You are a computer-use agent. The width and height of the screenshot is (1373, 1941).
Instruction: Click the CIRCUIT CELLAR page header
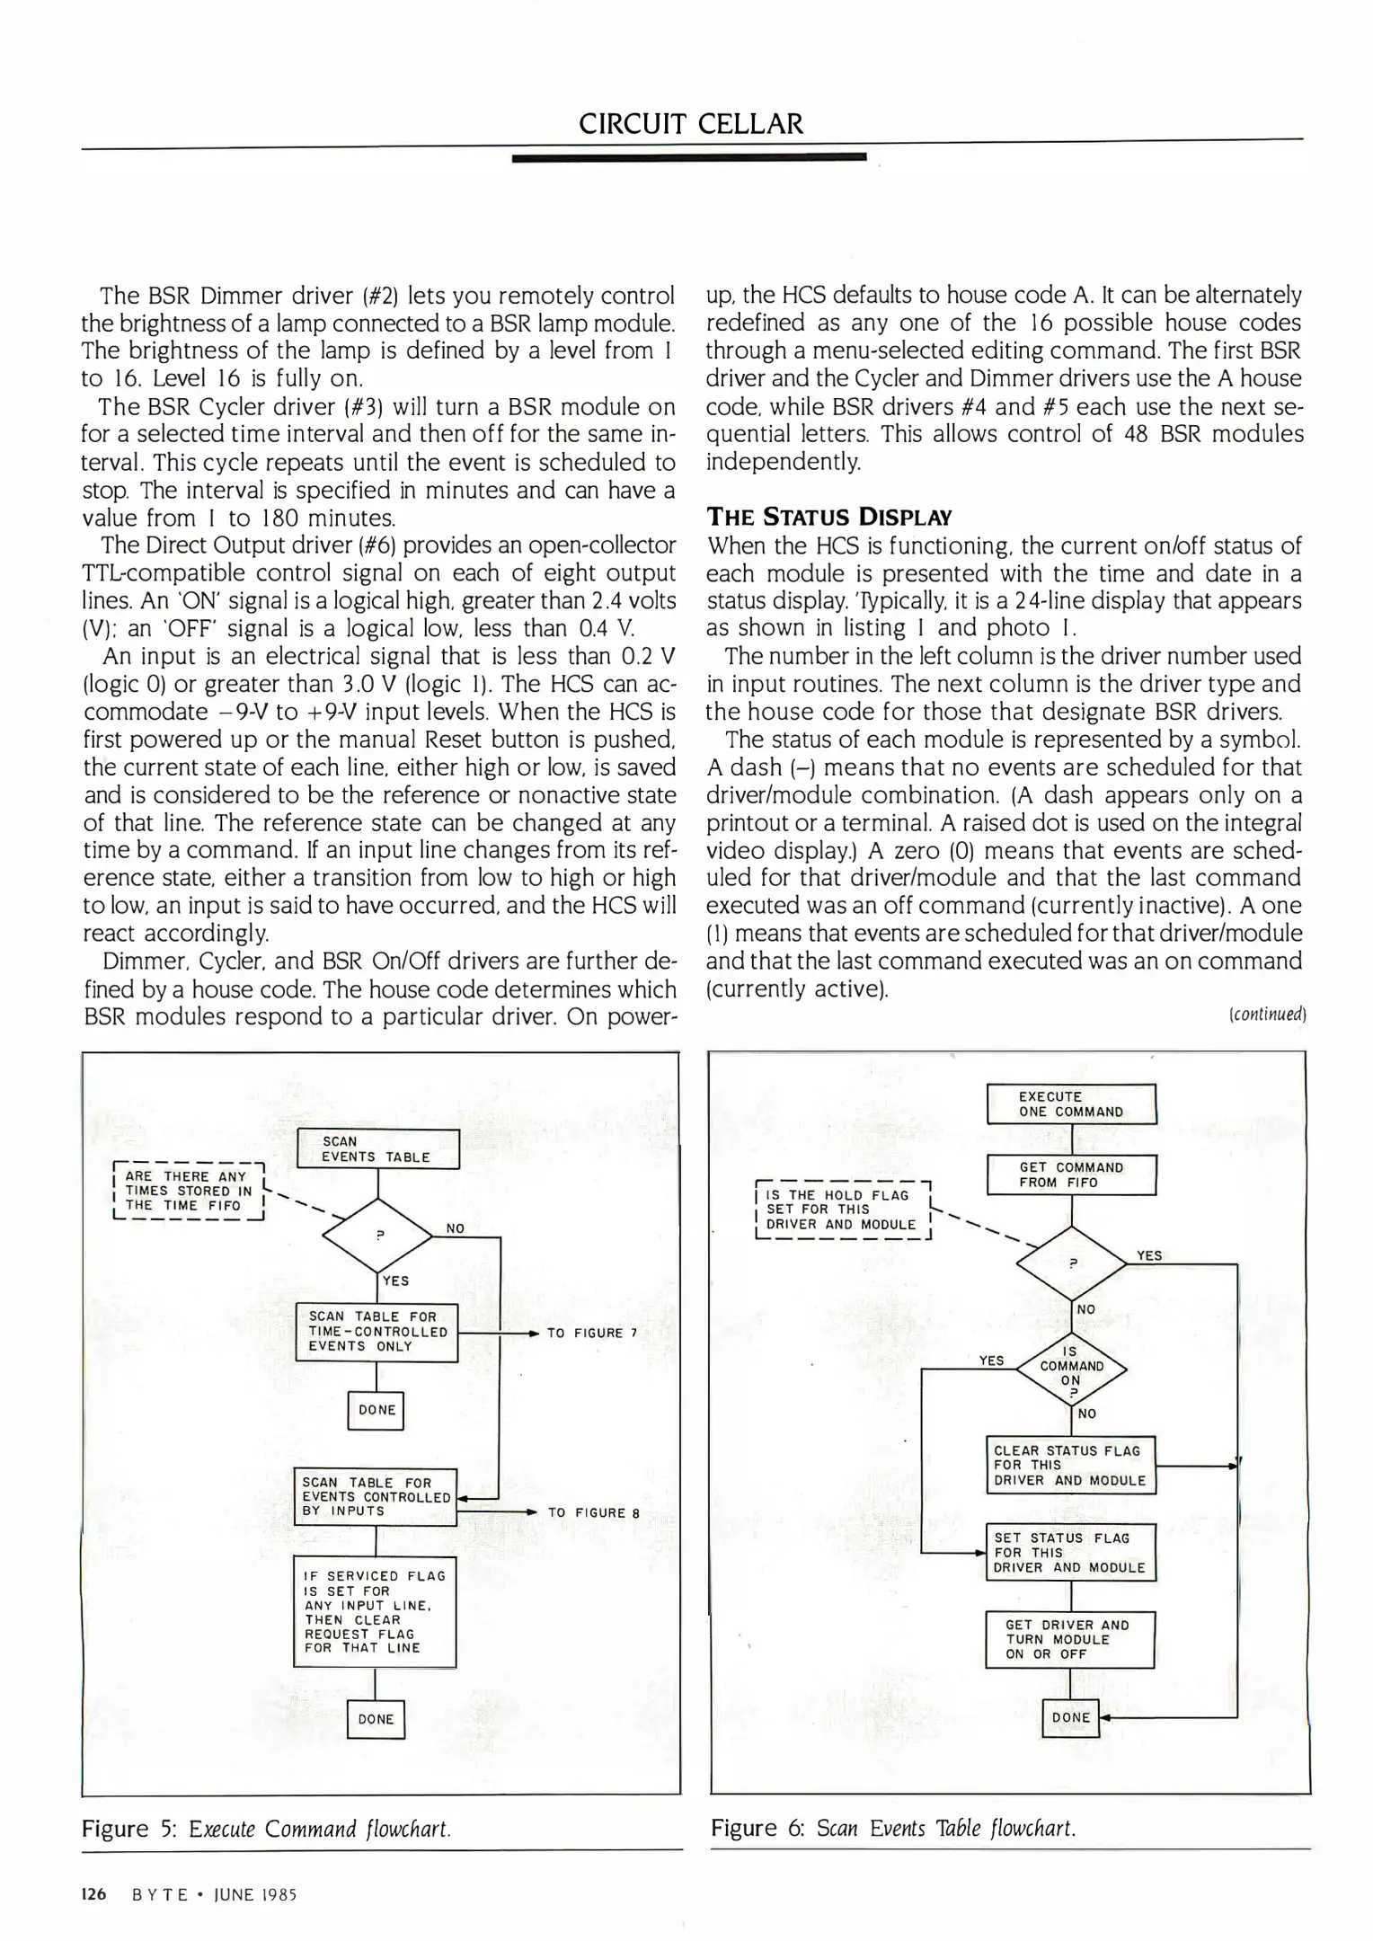pyautogui.click(x=690, y=123)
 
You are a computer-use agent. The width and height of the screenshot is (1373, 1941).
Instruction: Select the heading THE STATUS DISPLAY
pyautogui.click(x=828, y=517)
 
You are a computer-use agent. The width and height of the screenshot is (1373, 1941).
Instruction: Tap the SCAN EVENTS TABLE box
pyautogui.click(x=377, y=1149)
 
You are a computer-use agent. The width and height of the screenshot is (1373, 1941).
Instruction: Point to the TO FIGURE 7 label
pyautogui.click(x=591, y=1333)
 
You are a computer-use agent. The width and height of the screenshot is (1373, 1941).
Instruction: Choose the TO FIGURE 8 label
pyautogui.click(x=593, y=1512)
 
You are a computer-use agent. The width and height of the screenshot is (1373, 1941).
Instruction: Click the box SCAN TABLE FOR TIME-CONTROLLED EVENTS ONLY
pyautogui.click(x=377, y=1332)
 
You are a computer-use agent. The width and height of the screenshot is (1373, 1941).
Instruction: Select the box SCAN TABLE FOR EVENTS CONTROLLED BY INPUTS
pyautogui.click(x=376, y=1497)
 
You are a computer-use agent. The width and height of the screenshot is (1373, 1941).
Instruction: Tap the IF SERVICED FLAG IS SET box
pyautogui.click(x=375, y=1612)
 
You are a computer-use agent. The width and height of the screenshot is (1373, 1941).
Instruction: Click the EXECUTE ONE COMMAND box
pyautogui.click(x=1071, y=1104)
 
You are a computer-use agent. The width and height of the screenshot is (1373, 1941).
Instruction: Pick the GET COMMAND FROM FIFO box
pyautogui.click(x=1071, y=1175)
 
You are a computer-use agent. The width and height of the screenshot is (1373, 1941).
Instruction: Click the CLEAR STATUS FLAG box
pyautogui.click(x=1070, y=1466)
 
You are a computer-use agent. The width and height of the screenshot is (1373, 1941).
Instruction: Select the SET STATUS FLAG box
pyautogui.click(x=1070, y=1553)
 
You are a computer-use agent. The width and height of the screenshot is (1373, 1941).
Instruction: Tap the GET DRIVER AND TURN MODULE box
pyautogui.click(x=1069, y=1640)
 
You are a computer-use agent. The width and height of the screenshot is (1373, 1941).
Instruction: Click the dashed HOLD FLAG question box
pyautogui.click(x=842, y=1210)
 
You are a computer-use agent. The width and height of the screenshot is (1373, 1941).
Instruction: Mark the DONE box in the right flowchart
pyautogui.click(x=1070, y=1717)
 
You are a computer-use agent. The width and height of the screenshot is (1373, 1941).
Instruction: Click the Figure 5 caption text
pyautogui.click(x=266, y=1829)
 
